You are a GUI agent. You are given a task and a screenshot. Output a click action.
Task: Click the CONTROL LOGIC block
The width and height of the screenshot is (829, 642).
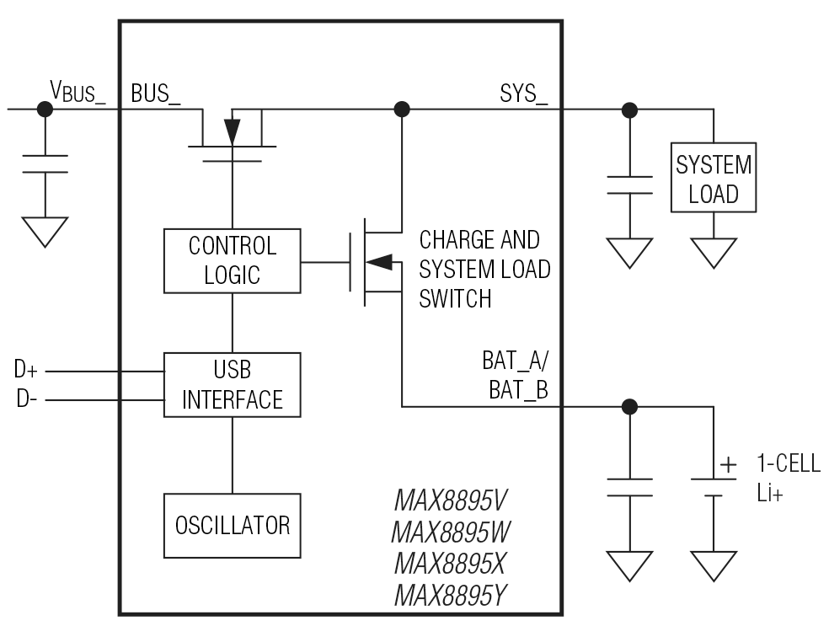(x=232, y=260)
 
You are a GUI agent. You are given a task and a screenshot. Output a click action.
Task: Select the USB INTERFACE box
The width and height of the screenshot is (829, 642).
(x=232, y=384)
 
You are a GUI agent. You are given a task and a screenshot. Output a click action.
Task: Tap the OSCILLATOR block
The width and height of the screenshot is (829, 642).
(x=232, y=526)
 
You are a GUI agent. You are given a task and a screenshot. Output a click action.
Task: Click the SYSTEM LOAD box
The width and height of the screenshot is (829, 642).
(x=714, y=179)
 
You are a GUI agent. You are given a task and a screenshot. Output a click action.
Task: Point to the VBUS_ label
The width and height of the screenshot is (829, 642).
(x=78, y=90)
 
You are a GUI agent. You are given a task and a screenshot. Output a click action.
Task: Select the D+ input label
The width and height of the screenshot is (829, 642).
(x=24, y=369)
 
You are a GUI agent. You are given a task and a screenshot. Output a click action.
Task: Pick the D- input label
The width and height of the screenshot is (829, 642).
(x=24, y=398)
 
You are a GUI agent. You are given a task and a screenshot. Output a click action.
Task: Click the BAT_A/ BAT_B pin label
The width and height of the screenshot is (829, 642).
(x=513, y=377)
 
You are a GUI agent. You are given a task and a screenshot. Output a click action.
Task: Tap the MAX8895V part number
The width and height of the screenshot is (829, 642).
(x=451, y=503)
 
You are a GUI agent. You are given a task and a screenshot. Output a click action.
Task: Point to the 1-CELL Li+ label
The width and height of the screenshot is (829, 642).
(x=787, y=478)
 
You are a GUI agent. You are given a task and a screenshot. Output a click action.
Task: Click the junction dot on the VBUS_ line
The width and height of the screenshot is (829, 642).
(x=45, y=109)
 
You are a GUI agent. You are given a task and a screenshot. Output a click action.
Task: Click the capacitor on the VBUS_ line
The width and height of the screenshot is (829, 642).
(x=45, y=163)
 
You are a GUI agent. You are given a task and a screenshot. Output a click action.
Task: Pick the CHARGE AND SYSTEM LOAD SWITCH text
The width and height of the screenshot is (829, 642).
(x=484, y=270)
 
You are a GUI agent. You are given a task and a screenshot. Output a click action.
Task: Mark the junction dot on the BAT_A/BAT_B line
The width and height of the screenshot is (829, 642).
(x=628, y=407)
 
